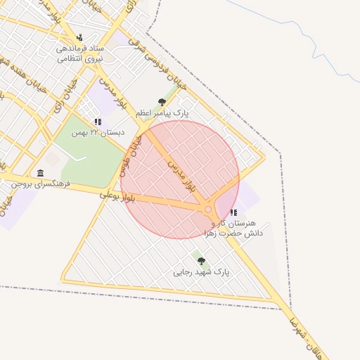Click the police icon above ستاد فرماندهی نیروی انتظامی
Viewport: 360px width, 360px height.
79,37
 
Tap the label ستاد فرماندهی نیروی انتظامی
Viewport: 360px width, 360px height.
80,53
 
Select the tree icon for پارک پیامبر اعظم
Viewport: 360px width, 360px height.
162,103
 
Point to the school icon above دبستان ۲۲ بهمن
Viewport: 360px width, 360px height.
98,122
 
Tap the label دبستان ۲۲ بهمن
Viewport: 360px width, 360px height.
98,132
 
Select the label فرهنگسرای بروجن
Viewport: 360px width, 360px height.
35,184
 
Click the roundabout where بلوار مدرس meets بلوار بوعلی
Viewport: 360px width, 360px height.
208,210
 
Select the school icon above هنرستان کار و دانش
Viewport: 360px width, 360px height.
233,212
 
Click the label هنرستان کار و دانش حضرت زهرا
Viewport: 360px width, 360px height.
233,227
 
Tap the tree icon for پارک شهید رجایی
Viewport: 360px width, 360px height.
201,261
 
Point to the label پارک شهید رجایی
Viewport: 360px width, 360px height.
202,271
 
